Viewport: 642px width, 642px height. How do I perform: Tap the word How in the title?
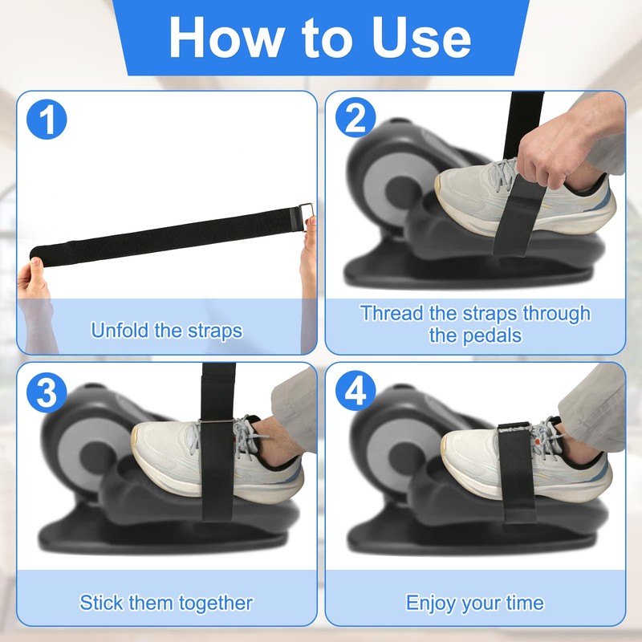pos(227,38)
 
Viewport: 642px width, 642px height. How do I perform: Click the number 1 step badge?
pos(47,119)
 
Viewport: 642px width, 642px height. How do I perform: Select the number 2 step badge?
pos(356,117)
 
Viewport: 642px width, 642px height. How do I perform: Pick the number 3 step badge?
pos(47,392)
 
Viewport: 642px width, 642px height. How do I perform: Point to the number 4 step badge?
pos(356,391)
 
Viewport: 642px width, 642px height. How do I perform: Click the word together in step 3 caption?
pos(216,603)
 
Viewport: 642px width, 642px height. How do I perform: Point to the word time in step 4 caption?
pos(525,603)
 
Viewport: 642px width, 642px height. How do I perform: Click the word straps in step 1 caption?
pos(215,331)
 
